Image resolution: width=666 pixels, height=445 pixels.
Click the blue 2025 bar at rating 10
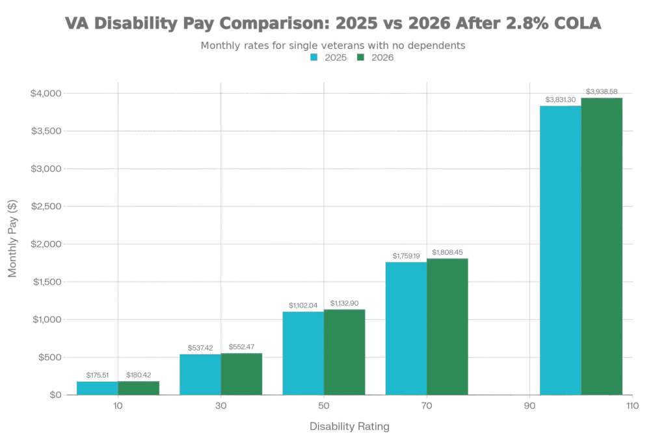coord(97,388)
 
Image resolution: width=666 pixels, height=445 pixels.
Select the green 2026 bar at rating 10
coord(139,388)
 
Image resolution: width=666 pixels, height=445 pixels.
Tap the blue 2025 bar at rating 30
coord(200,374)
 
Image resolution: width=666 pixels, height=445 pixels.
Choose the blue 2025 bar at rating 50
coord(303,352)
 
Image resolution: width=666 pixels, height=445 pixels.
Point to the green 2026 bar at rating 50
coord(345,352)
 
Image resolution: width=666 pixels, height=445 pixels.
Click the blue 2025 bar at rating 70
coord(406,328)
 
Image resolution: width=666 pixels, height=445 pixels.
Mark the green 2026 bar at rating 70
coord(447,326)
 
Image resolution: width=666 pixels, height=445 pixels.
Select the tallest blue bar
coord(560,250)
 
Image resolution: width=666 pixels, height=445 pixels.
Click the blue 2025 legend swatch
coord(313,58)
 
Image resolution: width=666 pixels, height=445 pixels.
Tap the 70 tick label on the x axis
coord(427,407)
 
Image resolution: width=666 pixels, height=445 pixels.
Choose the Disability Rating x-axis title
coord(349,427)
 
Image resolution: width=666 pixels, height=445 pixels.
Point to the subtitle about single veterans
coord(332,45)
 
